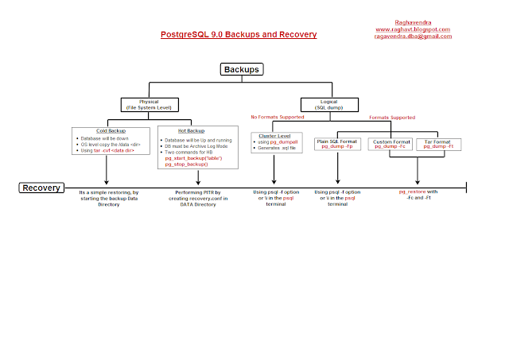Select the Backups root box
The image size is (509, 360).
point(242,70)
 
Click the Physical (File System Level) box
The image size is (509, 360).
point(149,104)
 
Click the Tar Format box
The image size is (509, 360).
point(439,144)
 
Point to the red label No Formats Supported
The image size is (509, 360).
point(274,118)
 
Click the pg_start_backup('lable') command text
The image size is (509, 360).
point(192,157)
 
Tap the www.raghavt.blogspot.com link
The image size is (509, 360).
point(413,30)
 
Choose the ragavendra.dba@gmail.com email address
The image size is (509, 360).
point(413,37)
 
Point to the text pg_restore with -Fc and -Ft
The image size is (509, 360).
point(419,195)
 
